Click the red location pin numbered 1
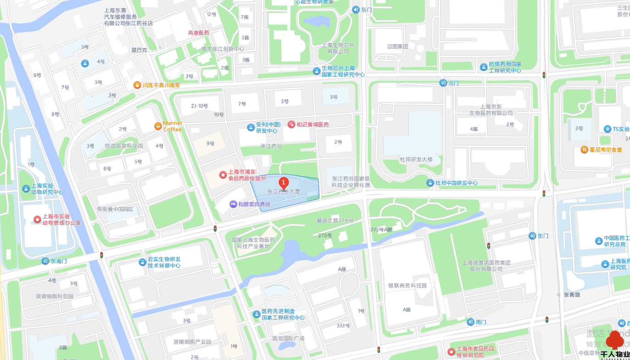click(284, 183)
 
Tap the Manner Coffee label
click(173, 126)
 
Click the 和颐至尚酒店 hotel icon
click(234, 204)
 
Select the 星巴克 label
click(139, 50)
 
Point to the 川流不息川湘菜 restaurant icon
click(137, 85)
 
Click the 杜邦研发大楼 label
click(416, 159)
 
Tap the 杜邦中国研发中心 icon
click(430, 183)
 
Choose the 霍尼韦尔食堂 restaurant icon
click(584, 150)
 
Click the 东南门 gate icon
click(45, 261)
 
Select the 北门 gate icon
click(443, 83)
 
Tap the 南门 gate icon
click(470, 322)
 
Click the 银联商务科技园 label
click(407, 286)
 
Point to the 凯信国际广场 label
click(288, 338)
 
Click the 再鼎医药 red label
click(198, 33)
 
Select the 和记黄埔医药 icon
click(291, 124)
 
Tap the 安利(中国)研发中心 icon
click(251, 127)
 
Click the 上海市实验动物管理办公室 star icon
click(37, 219)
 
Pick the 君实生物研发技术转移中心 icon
click(142, 262)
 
